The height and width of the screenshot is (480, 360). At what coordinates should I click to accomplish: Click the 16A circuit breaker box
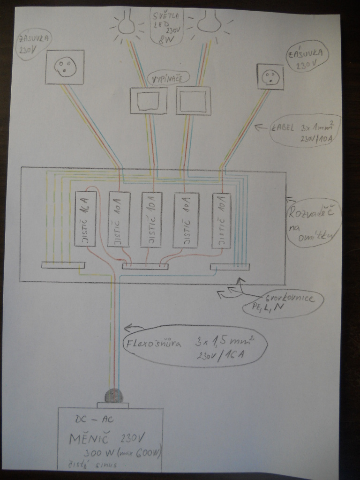pyautogui.click(x=86, y=218)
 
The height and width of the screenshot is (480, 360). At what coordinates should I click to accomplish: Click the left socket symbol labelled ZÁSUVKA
pyautogui.click(x=65, y=67)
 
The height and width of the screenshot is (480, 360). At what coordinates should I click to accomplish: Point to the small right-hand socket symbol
pyautogui.click(x=270, y=76)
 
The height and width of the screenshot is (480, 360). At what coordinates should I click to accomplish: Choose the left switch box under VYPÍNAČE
pyautogui.click(x=148, y=100)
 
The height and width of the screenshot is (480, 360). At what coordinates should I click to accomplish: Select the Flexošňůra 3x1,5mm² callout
pyautogui.click(x=195, y=346)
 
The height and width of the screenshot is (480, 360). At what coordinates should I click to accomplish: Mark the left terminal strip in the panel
pyautogui.click(x=63, y=265)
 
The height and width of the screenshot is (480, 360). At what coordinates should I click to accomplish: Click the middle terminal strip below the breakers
pyautogui.click(x=145, y=266)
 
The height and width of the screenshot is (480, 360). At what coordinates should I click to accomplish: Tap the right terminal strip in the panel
pyautogui.click(x=230, y=267)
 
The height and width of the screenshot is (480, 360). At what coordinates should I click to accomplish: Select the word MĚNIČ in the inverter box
pyautogui.click(x=89, y=439)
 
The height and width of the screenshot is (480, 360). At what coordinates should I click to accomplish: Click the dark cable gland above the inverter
pyautogui.click(x=113, y=396)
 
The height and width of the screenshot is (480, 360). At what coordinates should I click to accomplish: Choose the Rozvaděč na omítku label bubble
pyautogui.click(x=314, y=222)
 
